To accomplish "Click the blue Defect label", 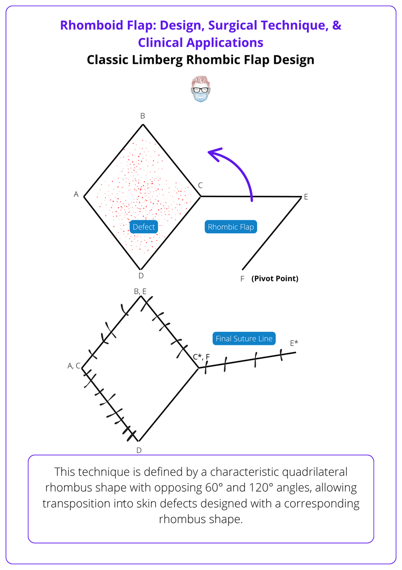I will tap(144, 227).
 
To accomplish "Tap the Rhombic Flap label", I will tap(231, 227).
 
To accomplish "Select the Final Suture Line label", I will tap(244, 339).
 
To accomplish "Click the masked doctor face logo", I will tap(200, 89).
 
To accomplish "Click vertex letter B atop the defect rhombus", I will tap(143, 116).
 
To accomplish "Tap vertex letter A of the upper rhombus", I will tap(76, 194).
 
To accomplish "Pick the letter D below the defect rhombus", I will tap(141, 276).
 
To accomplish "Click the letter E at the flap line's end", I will tap(306, 197).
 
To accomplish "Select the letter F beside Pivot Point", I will tap(242, 279).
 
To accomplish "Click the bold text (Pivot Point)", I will tap(275, 279).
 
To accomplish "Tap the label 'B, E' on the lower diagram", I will tap(140, 291).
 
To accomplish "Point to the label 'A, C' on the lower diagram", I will tap(74, 366).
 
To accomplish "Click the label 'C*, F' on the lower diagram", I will tap(201, 357).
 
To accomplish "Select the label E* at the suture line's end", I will tap(294, 343).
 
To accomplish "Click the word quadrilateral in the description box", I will tap(304, 472).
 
